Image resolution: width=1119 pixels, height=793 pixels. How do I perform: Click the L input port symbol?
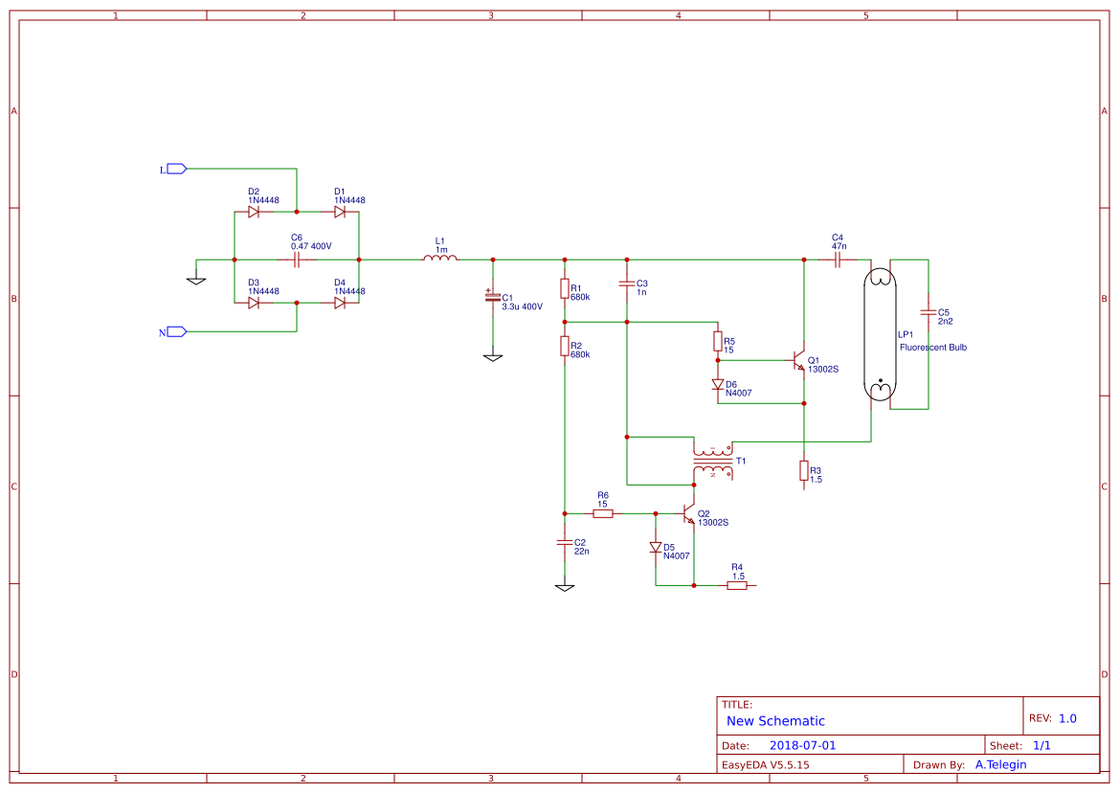[175, 169]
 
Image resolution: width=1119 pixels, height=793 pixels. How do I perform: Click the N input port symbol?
[175, 331]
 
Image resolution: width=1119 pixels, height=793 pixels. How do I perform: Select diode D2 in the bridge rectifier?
[254, 212]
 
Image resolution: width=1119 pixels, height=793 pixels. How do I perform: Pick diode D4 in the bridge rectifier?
[340, 303]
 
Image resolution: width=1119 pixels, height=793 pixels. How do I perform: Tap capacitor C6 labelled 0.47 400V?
[297, 260]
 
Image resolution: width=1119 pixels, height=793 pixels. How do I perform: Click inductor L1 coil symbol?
[440, 259]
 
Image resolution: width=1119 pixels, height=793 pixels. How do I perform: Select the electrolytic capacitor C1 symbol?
[493, 298]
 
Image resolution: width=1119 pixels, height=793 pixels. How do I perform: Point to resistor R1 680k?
[565, 288]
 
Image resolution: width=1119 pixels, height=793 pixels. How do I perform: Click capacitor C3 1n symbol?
[627, 283]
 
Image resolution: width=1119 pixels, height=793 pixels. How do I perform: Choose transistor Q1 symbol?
[797, 361]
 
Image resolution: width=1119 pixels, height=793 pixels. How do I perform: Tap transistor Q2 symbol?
[688, 515]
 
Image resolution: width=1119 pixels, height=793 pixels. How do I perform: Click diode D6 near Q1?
[718, 385]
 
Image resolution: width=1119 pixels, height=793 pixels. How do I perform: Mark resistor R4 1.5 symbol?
[736, 585]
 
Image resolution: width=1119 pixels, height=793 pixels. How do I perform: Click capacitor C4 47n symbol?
[838, 259]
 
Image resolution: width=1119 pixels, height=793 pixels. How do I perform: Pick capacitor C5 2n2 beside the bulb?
[928, 311]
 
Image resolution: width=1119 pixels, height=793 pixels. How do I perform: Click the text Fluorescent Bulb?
[932, 348]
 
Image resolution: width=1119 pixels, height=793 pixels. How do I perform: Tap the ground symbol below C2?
[565, 586]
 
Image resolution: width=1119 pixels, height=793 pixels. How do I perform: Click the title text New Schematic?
[775, 721]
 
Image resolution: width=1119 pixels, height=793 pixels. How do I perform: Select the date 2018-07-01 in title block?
[802, 745]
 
